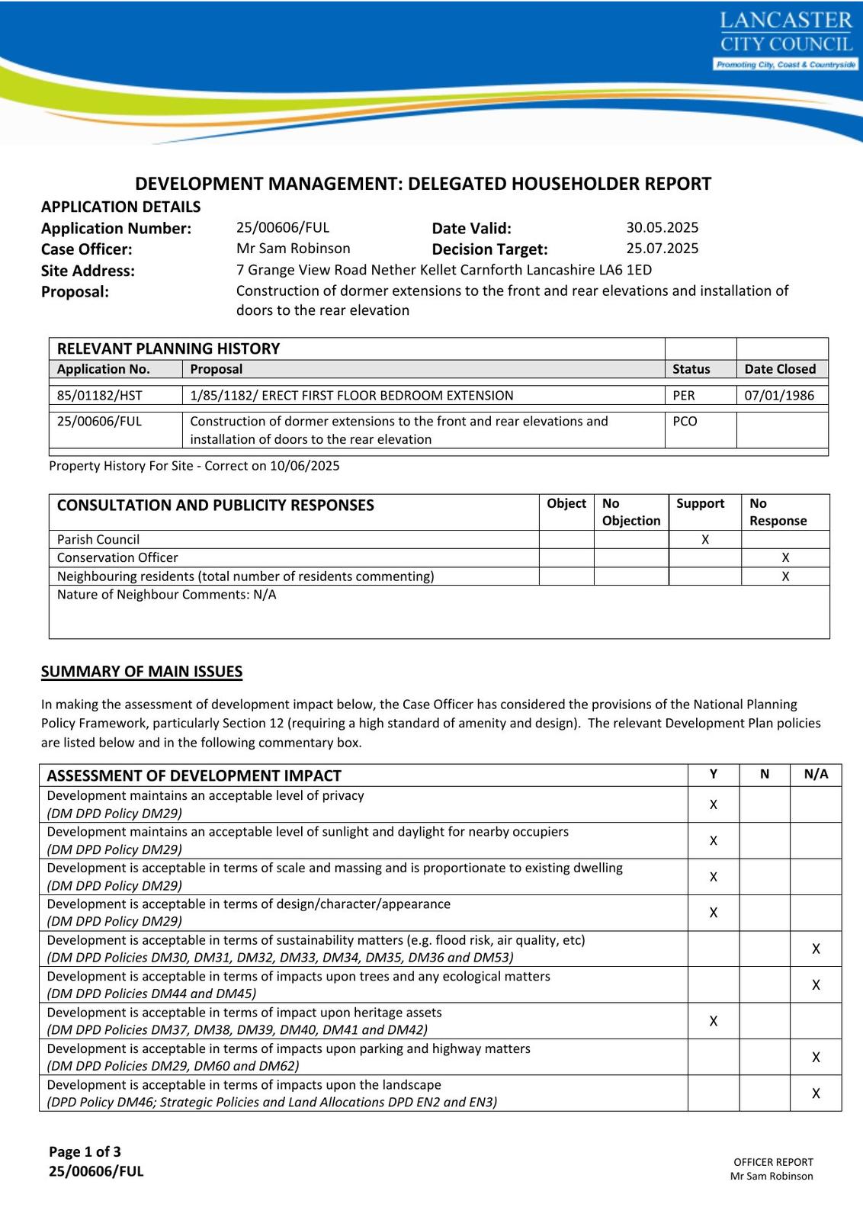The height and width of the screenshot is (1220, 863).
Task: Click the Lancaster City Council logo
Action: [786, 41]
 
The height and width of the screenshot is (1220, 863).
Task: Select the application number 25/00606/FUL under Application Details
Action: [283, 227]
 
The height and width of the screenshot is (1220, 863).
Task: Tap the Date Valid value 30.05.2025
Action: [662, 227]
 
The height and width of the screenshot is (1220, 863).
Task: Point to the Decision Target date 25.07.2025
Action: [662, 248]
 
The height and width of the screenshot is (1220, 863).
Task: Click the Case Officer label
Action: [86, 249]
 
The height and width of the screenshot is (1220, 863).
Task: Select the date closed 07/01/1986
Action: [779, 395]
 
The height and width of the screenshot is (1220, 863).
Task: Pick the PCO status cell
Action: [685, 421]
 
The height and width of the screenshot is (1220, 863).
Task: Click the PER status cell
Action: [684, 395]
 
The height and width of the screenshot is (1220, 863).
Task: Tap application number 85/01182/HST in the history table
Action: [99, 395]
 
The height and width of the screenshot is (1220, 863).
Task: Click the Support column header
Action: [700, 503]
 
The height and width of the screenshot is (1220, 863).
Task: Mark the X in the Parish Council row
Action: [705, 539]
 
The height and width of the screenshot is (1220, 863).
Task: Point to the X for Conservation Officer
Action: [785, 557]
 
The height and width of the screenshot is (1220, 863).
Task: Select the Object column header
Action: [566, 503]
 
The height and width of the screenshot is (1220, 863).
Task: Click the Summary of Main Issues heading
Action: [142, 672]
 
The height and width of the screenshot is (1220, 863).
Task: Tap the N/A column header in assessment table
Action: [816, 774]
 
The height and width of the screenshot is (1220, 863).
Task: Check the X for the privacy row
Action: [714, 804]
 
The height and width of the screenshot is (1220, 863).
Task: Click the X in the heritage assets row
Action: [714, 1021]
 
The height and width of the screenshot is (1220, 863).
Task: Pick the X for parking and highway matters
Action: [816, 1057]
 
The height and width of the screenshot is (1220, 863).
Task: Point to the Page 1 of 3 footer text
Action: [85, 1151]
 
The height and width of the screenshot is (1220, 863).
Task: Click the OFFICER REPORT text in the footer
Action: [773, 1162]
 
